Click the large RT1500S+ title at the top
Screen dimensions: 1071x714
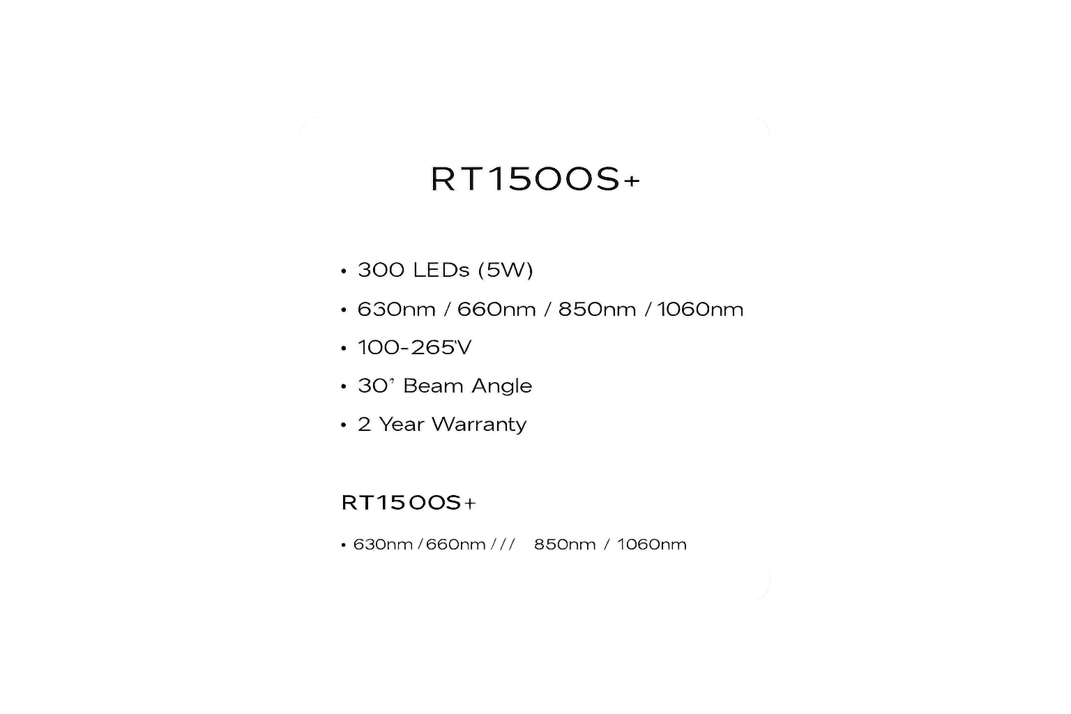[x=535, y=179]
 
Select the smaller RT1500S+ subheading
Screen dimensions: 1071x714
[x=409, y=503]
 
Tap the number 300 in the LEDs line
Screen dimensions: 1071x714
[x=381, y=271]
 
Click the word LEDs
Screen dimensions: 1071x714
[x=441, y=271]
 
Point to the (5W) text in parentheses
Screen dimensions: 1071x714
[x=506, y=271]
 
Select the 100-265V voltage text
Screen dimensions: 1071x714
[x=414, y=348]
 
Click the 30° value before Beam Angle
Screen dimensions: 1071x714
[x=377, y=386]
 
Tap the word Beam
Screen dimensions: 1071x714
[x=433, y=386]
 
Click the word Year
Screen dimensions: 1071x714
[x=401, y=424]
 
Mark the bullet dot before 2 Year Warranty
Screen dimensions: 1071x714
[x=343, y=425]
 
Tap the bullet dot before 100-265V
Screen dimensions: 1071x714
[x=343, y=349]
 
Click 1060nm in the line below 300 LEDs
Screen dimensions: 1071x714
[x=701, y=310]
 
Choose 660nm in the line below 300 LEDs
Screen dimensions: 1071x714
[x=496, y=310]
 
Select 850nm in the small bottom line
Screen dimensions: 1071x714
[x=565, y=545]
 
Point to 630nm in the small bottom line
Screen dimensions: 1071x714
[x=383, y=545]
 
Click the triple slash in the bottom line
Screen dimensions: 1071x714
[x=503, y=545]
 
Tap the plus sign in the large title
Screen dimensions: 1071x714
[x=632, y=181]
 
